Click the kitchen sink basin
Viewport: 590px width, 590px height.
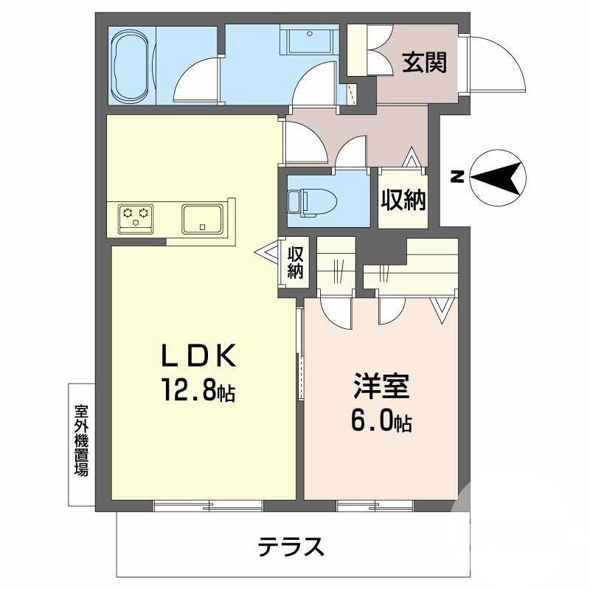204,218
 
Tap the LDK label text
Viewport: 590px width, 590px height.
198,357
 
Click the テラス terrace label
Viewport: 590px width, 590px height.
291,547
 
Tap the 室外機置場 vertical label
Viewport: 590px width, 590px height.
81,440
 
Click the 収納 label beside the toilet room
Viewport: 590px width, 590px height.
403,199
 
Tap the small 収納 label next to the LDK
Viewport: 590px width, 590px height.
296,263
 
